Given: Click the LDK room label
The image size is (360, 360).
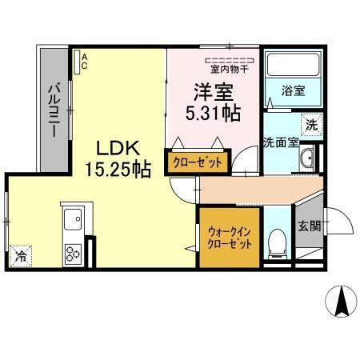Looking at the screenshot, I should pos(119,149).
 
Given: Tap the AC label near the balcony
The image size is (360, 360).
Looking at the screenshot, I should pos(83,62).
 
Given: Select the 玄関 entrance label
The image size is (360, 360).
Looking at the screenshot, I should pos(310,226).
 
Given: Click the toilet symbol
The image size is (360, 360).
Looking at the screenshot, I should pos(275,240).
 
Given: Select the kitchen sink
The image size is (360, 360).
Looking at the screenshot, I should pos(72,220).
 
